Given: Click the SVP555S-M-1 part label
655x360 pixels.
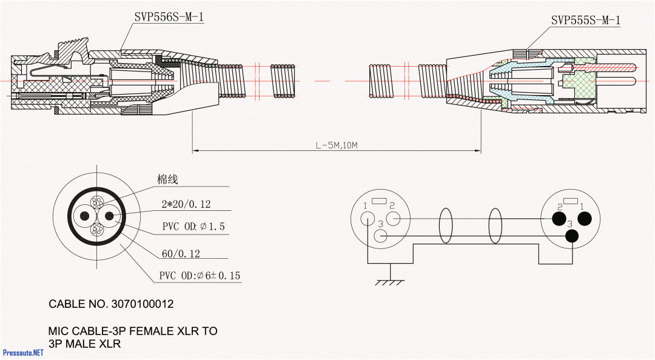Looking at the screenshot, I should [x=585, y=21].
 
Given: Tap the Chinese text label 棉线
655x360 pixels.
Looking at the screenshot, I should [x=167, y=179].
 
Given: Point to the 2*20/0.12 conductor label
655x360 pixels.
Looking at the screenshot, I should [x=186, y=204].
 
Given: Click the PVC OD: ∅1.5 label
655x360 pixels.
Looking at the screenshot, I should [x=193, y=226].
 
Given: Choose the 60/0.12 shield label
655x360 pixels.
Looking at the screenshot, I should [x=181, y=253].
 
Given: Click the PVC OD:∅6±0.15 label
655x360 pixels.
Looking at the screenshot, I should [x=200, y=276].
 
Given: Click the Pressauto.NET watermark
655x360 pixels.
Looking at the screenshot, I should [x=24, y=352].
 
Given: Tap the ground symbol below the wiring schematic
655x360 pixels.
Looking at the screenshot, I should [x=389, y=282].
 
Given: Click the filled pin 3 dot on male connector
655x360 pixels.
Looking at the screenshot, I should [x=571, y=236].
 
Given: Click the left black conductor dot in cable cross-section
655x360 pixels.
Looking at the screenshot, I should [x=84, y=216].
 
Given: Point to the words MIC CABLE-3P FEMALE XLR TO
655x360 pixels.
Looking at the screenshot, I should [x=133, y=332].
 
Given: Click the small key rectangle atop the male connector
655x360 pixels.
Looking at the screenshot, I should [x=571, y=201].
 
